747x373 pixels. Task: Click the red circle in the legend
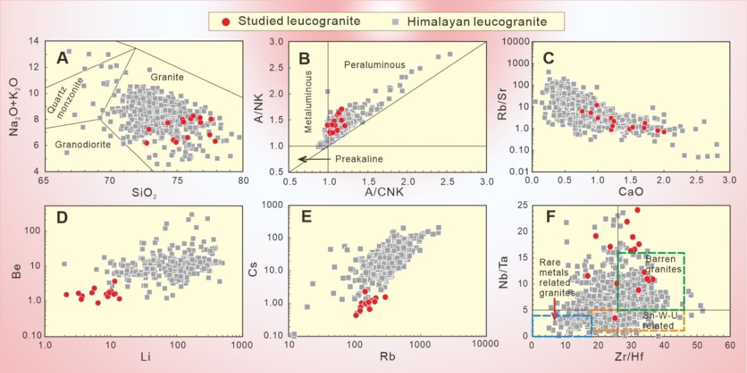point(226,21)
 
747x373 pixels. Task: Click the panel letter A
point(63,59)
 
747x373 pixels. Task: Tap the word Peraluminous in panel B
point(374,65)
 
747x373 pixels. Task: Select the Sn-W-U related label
point(661,321)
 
